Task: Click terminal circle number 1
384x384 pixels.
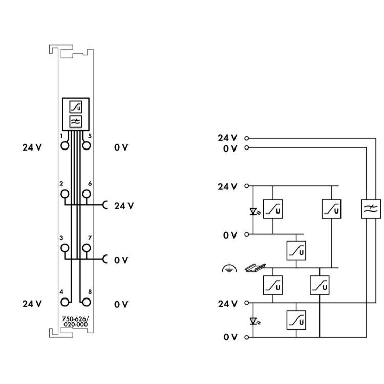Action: click(x=65, y=145)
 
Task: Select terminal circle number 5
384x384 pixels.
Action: click(x=87, y=145)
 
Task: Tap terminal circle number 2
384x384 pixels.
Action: click(x=65, y=194)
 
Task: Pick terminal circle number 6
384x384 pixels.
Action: click(x=87, y=194)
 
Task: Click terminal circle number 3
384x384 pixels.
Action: click(x=65, y=248)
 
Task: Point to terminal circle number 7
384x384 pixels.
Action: click(x=87, y=248)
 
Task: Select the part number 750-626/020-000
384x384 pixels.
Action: click(x=76, y=321)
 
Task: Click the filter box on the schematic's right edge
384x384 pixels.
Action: click(x=371, y=208)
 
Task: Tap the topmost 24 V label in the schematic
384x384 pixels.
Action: click(x=227, y=138)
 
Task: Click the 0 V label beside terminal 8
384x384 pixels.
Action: click(x=121, y=304)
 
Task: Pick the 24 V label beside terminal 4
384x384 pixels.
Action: click(x=32, y=304)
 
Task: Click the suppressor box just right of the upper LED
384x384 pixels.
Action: click(x=273, y=208)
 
